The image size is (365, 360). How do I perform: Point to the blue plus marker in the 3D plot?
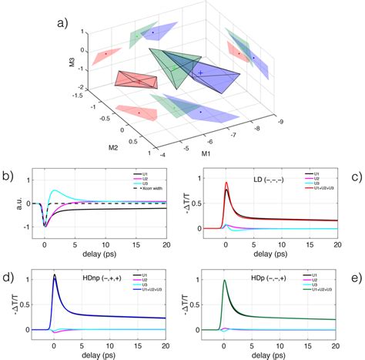pos(200,72)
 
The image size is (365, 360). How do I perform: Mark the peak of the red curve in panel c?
pos(226,183)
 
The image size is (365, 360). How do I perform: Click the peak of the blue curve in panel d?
pos(54,275)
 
